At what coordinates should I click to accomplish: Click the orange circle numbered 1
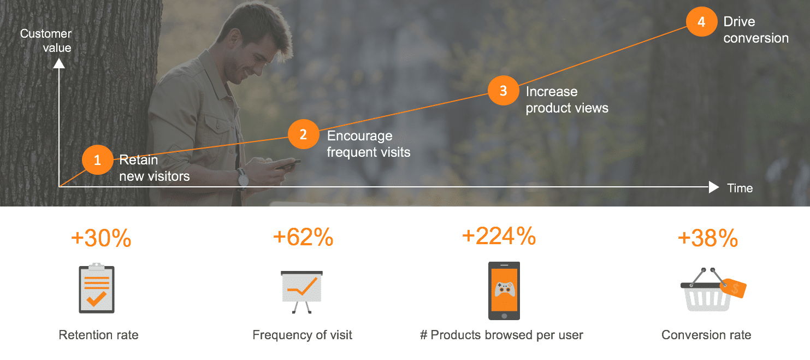[97, 160]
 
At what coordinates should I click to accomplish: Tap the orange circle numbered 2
[303, 134]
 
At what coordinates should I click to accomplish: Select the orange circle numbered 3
[503, 91]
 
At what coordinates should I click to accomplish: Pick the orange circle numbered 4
[701, 22]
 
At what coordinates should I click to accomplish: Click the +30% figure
[101, 238]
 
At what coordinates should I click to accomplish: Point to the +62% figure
[303, 237]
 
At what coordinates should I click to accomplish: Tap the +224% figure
[499, 236]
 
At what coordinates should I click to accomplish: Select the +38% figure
[708, 238]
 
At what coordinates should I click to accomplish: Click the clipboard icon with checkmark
[97, 288]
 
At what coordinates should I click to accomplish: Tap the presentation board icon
[301, 292]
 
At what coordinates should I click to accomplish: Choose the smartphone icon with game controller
[504, 291]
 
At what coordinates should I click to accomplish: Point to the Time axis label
[740, 188]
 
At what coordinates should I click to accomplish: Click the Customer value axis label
[46, 40]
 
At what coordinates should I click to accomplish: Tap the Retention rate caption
[98, 335]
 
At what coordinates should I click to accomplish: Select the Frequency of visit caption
[302, 335]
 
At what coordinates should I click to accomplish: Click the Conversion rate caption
[706, 335]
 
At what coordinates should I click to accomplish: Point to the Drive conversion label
[756, 29]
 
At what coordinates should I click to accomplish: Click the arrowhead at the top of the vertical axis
[59, 63]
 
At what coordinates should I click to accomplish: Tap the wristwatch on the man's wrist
[243, 179]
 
